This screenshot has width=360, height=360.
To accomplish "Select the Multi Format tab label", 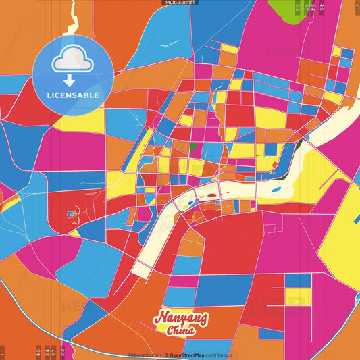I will pyautogui.click(x=180, y=3).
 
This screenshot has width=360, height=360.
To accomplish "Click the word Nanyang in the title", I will pyautogui.click(x=180, y=317).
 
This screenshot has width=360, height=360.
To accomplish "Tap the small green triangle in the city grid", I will pyautogui.click(x=192, y=146).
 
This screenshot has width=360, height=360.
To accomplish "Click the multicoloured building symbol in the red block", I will pyautogui.click(x=71, y=215).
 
